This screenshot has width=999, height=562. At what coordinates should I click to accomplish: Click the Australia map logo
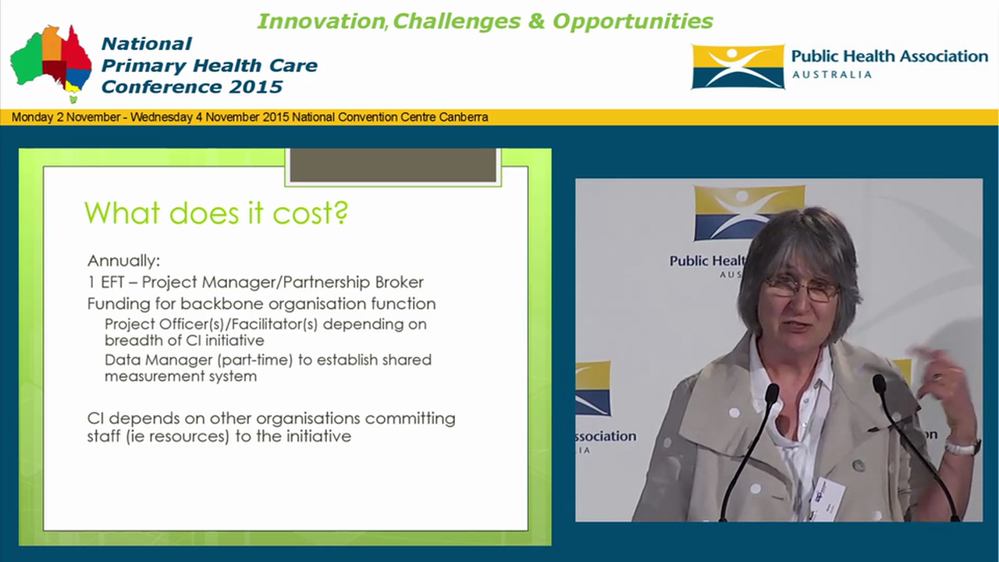click(51, 62)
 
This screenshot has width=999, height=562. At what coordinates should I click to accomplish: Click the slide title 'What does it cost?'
click(215, 212)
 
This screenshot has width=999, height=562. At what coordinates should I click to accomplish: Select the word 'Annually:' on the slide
click(123, 261)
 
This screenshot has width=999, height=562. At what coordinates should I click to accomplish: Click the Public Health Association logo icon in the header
click(737, 66)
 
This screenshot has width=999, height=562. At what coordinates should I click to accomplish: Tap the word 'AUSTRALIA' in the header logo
click(831, 75)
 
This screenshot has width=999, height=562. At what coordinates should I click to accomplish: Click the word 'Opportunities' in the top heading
click(632, 21)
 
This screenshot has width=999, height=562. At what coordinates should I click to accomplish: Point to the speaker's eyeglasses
click(801, 289)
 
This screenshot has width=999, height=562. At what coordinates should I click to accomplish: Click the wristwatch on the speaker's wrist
click(962, 447)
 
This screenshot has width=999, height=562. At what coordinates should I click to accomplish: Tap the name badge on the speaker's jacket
click(827, 497)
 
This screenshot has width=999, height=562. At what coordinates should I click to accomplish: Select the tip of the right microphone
click(880, 382)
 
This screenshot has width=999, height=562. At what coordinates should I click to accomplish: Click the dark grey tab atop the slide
click(393, 165)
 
